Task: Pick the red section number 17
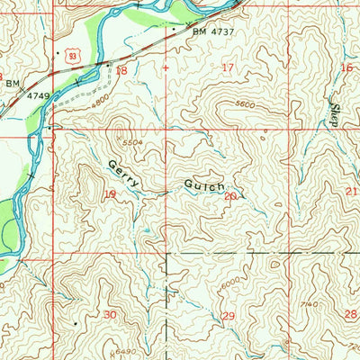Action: click(x=228, y=67)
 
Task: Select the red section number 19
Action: click(x=111, y=194)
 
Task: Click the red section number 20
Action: click(x=230, y=195)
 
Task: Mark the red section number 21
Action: click(x=351, y=193)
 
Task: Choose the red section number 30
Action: click(x=110, y=314)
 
